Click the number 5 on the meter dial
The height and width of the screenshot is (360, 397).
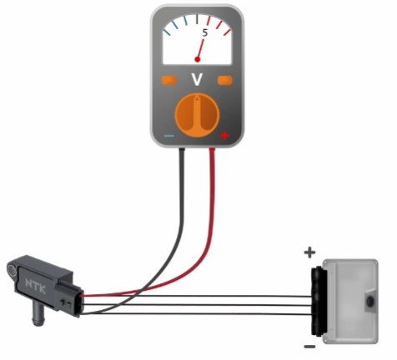click(x=205, y=32)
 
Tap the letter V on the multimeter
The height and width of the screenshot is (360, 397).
click(x=197, y=79)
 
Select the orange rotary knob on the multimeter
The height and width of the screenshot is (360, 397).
click(x=197, y=115)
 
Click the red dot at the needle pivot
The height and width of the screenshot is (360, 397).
click(x=198, y=59)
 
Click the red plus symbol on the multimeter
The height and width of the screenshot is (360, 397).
click(x=224, y=136)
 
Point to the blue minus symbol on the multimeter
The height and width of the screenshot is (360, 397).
click(x=169, y=136)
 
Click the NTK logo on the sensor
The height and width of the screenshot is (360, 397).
click(x=35, y=286)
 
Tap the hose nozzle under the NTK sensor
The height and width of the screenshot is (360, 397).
click(x=38, y=314)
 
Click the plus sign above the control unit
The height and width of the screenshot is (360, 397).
click(x=309, y=252)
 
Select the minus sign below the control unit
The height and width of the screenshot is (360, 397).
click(x=309, y=347)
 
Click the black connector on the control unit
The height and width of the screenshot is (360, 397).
click(x=318, y=301)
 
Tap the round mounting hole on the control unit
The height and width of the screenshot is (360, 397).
click(x=370, y=302)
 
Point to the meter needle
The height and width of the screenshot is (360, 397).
click(x=201, y=49)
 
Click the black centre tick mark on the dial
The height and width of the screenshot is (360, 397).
click(x=197, y=19)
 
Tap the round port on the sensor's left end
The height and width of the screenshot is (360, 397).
click(x=12, y=269)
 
